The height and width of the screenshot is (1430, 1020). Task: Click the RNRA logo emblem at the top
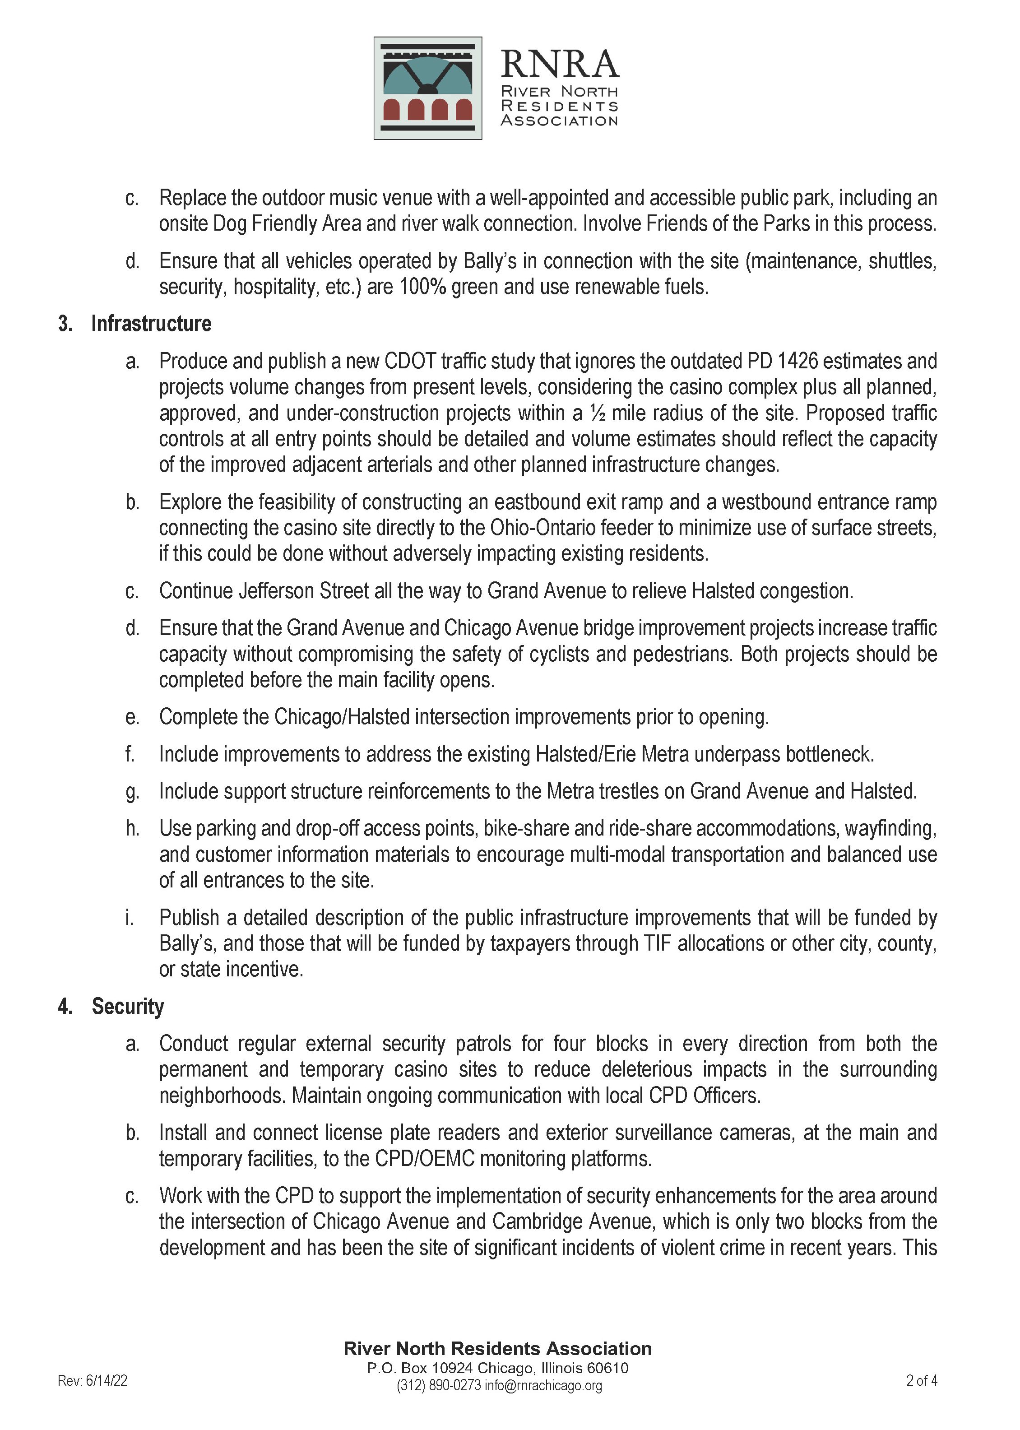click(428, 88)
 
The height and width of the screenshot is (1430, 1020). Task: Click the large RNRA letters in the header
click(559, 64)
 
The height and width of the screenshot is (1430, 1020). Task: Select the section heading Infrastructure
click(151, 324)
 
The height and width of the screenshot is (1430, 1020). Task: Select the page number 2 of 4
click(922, 1380)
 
